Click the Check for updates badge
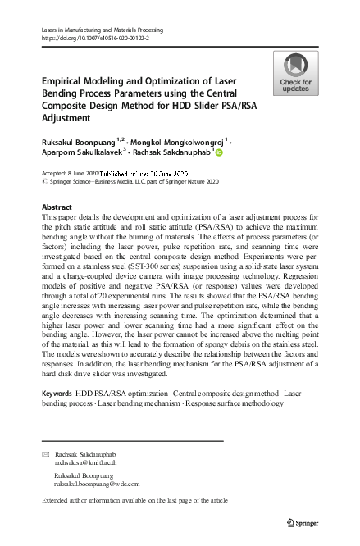click(295, 73)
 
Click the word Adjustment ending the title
click(69, 118)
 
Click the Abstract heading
click(56, 207)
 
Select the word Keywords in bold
click(57, 394)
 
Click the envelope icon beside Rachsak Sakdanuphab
click(45, 453)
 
